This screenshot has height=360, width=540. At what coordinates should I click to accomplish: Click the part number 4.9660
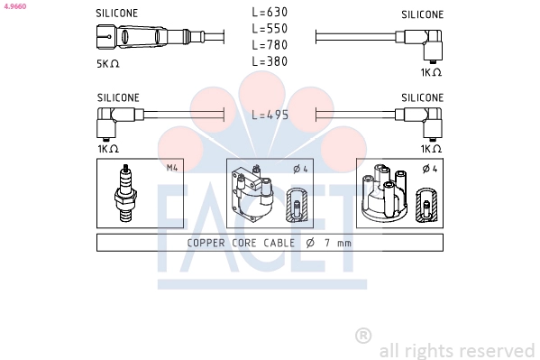pos(15,6)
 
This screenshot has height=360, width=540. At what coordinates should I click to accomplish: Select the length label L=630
pos(270,13)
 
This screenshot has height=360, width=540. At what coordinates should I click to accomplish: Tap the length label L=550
pos(270,29)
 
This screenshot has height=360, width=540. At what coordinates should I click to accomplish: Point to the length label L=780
pos(270,45)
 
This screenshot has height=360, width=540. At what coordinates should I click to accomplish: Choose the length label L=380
pos(270,61)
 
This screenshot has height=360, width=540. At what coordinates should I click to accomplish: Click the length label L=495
pos(270,115)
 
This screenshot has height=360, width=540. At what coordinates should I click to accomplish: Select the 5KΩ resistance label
pos(108,64)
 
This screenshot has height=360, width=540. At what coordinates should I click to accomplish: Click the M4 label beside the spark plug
pos(172,168)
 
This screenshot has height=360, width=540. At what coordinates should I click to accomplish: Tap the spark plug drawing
pos(125,193)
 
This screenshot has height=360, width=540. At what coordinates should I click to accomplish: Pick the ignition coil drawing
pos(252,193)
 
